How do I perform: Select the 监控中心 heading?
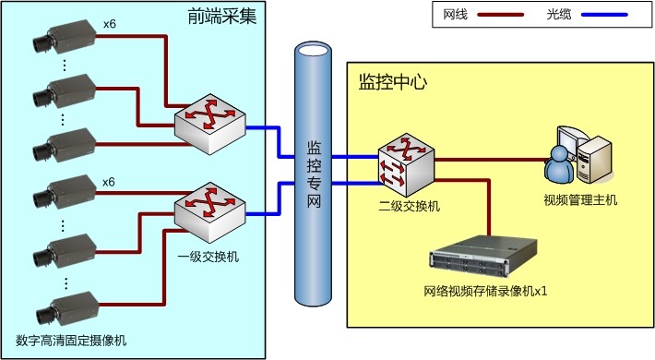(388, 80)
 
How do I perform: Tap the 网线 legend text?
(457, 15)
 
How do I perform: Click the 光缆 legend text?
(559, 15)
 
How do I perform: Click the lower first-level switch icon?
(208, 210)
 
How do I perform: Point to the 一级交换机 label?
(208, 256)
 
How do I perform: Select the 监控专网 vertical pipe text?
(314, 174)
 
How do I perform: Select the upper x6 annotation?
(109, 23)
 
